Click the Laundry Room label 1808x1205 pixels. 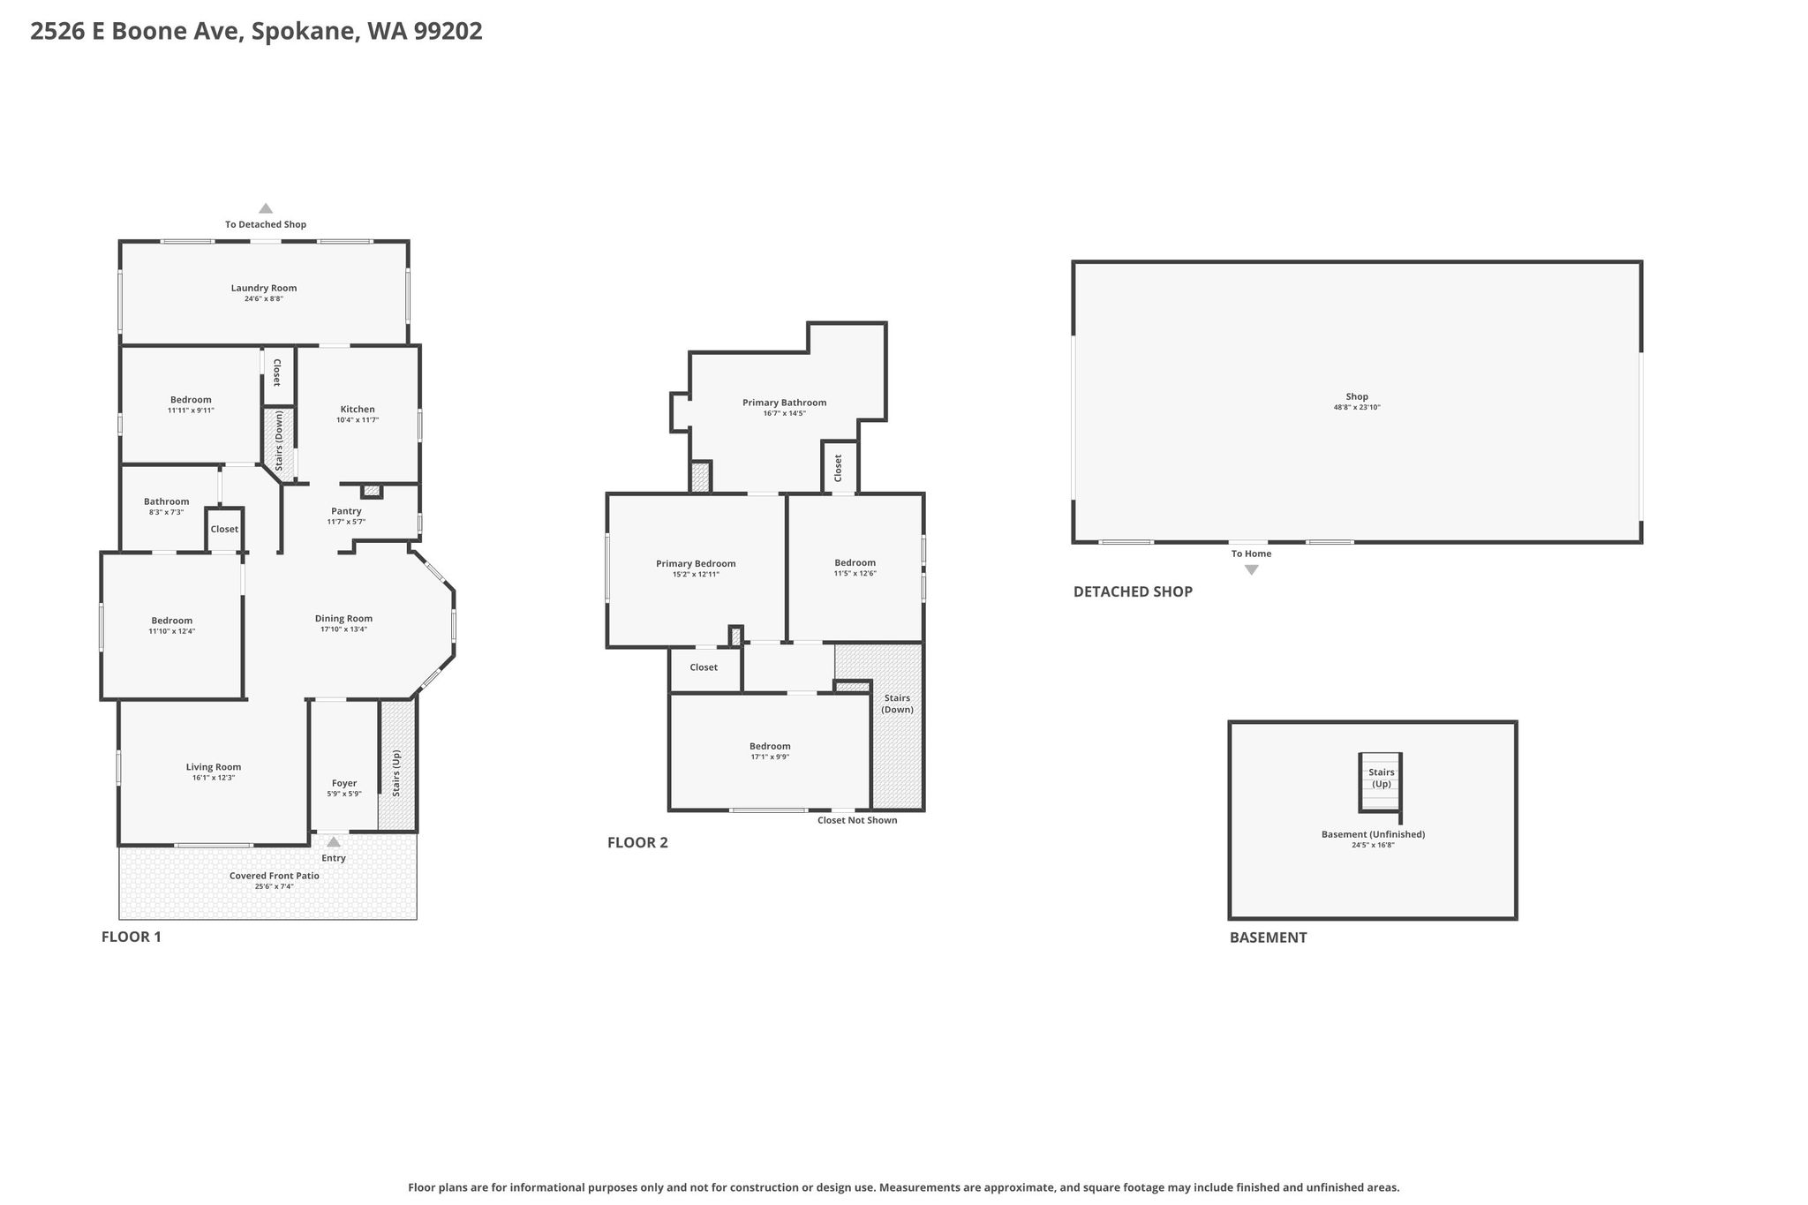coord(264,288)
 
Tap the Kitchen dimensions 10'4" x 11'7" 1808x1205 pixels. coord(358,420)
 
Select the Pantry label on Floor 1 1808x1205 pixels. coord(346,511)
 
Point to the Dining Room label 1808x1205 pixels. coord(344,619)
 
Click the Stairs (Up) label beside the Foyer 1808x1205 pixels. coord(396,773)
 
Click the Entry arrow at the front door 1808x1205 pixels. coord(334,842)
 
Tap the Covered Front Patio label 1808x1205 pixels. coord(275,876)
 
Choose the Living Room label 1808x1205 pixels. coord(214,767)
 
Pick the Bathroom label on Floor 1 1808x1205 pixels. coord(167,501)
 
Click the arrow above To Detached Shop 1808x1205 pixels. coord(266,208)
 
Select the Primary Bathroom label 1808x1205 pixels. coord(785,403)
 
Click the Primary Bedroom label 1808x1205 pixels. coord(696,564)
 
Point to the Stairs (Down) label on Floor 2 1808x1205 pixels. coord(897,704)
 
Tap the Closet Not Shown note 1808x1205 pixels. coord(857,820)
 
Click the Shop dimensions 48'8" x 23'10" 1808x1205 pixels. coord(1357,407)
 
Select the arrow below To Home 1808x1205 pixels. coord(1252,570)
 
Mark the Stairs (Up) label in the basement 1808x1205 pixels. coord(1382,778)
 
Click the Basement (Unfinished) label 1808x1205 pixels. coord(1374,834)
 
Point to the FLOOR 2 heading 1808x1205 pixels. coord(637,842)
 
